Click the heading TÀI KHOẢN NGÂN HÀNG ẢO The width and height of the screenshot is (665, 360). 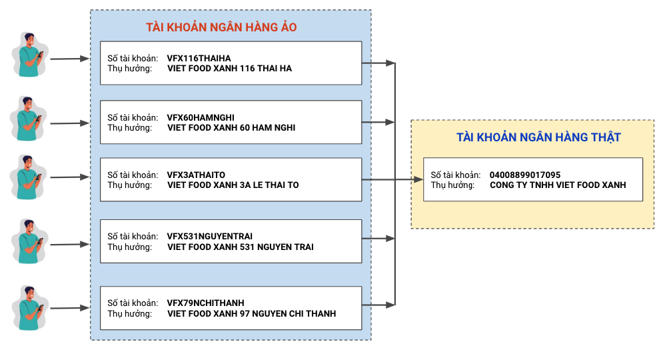point(221,27)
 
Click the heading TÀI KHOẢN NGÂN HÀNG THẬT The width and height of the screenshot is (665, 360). point(538,137)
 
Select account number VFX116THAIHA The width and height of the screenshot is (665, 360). point(199,58)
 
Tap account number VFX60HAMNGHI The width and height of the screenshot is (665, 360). point(201,117)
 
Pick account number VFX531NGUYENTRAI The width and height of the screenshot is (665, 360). point(210,236)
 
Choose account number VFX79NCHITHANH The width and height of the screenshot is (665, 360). point(206,303)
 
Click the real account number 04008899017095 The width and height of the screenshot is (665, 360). point(525,175)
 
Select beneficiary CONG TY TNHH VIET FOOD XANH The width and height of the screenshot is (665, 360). point(558,185)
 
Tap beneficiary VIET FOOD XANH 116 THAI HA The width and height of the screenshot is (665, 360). point(229,69)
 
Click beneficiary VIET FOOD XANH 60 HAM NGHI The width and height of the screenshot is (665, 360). point(231,128)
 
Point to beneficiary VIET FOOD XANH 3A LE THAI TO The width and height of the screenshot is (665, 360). point(233,185)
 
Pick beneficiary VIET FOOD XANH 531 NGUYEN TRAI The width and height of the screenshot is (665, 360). point(241,247)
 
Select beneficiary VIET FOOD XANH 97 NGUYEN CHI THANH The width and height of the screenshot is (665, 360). point(252,313)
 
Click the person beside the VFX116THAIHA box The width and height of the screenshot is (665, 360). point(29,55)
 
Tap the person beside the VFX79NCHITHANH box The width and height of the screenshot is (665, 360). point(29,308)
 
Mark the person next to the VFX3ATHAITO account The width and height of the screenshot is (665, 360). point(29,177)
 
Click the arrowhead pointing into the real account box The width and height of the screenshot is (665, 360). point(418,179)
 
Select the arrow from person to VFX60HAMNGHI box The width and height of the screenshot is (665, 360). point(69,123)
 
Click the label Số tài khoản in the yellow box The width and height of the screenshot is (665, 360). point(456,175)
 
